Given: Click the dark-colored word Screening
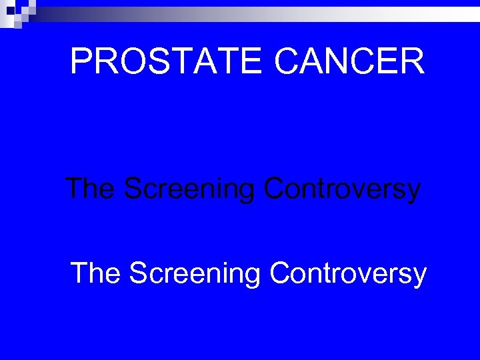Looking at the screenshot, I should pos(189,190).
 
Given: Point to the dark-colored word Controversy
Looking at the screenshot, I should pos(342,190).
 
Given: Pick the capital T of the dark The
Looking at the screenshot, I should pos(74,189).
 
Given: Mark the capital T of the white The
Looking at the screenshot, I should pos(79,273).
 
